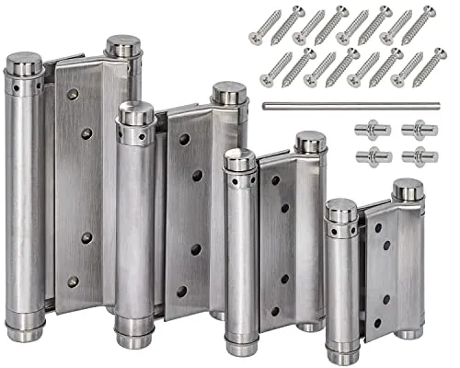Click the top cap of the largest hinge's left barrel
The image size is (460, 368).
(x=25, y=64)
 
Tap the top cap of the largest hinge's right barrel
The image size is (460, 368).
(x=122, y=46)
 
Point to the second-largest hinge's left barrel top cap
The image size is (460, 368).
(x=136, y=113)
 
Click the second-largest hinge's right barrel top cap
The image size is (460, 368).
(x=229, y=93)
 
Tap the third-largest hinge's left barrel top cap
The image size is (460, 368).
(x=240, y=160)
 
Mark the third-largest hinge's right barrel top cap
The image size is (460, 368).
(x=310, y=143)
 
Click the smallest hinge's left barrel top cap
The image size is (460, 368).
(x=340, y=210)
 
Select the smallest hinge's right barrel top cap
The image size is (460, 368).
(x=408, y=190)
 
